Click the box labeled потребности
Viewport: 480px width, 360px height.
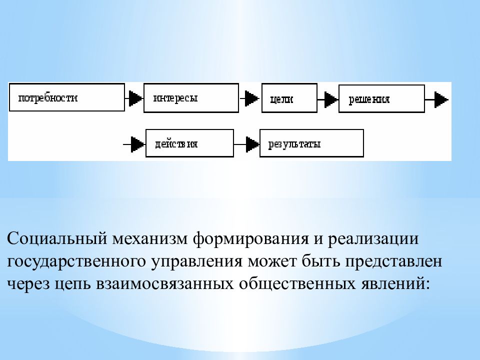click(67, 97)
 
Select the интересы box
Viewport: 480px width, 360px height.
click(191, 98)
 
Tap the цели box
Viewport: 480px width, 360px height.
click(289, 98)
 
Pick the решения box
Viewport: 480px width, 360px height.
click(381, 98)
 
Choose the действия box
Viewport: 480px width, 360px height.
click(189, 143)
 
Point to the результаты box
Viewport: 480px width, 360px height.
click(311, 143)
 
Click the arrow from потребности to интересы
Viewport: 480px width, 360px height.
click(134, 98)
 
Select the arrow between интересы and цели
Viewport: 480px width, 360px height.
click(250, 98)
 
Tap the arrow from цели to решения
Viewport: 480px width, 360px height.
click(328, 99)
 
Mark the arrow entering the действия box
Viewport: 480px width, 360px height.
click(134, 144)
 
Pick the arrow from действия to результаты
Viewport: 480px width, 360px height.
click(246, 144)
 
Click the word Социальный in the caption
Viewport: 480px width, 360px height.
click(57, 238)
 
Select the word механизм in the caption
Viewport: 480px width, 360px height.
click(150, 239)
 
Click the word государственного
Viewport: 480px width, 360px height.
click(76, 261)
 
